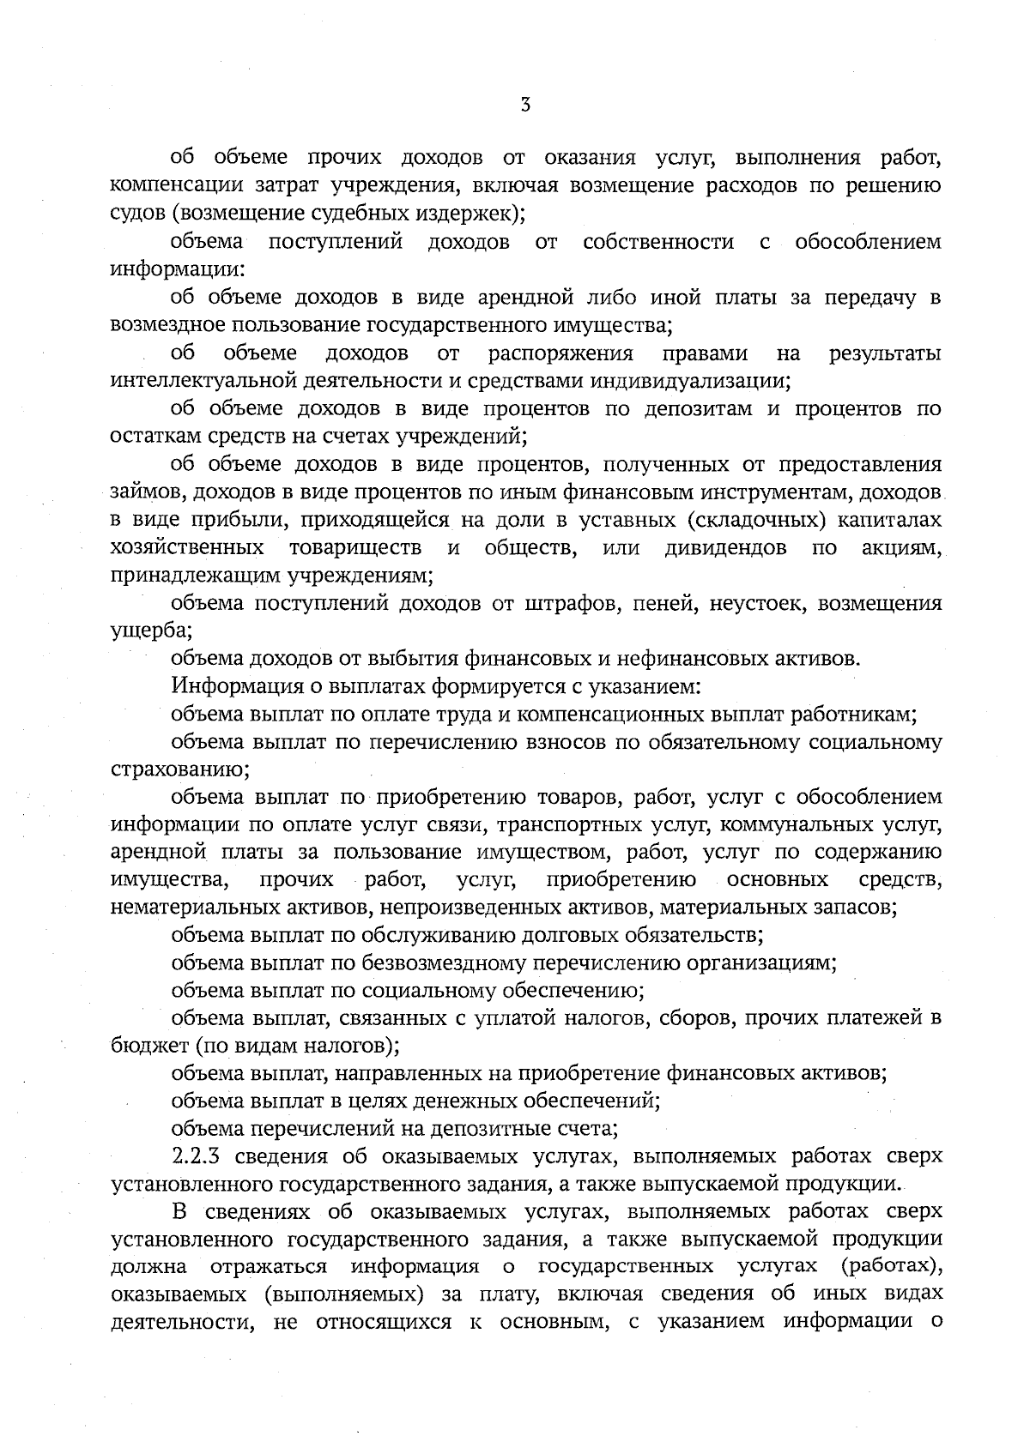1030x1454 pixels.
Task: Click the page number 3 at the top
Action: (x=525, y=106)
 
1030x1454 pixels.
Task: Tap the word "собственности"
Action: (x=658, y=243)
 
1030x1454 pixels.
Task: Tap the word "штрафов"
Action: (x=570, y=604)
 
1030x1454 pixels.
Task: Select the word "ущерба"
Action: (x=149, y=631)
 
